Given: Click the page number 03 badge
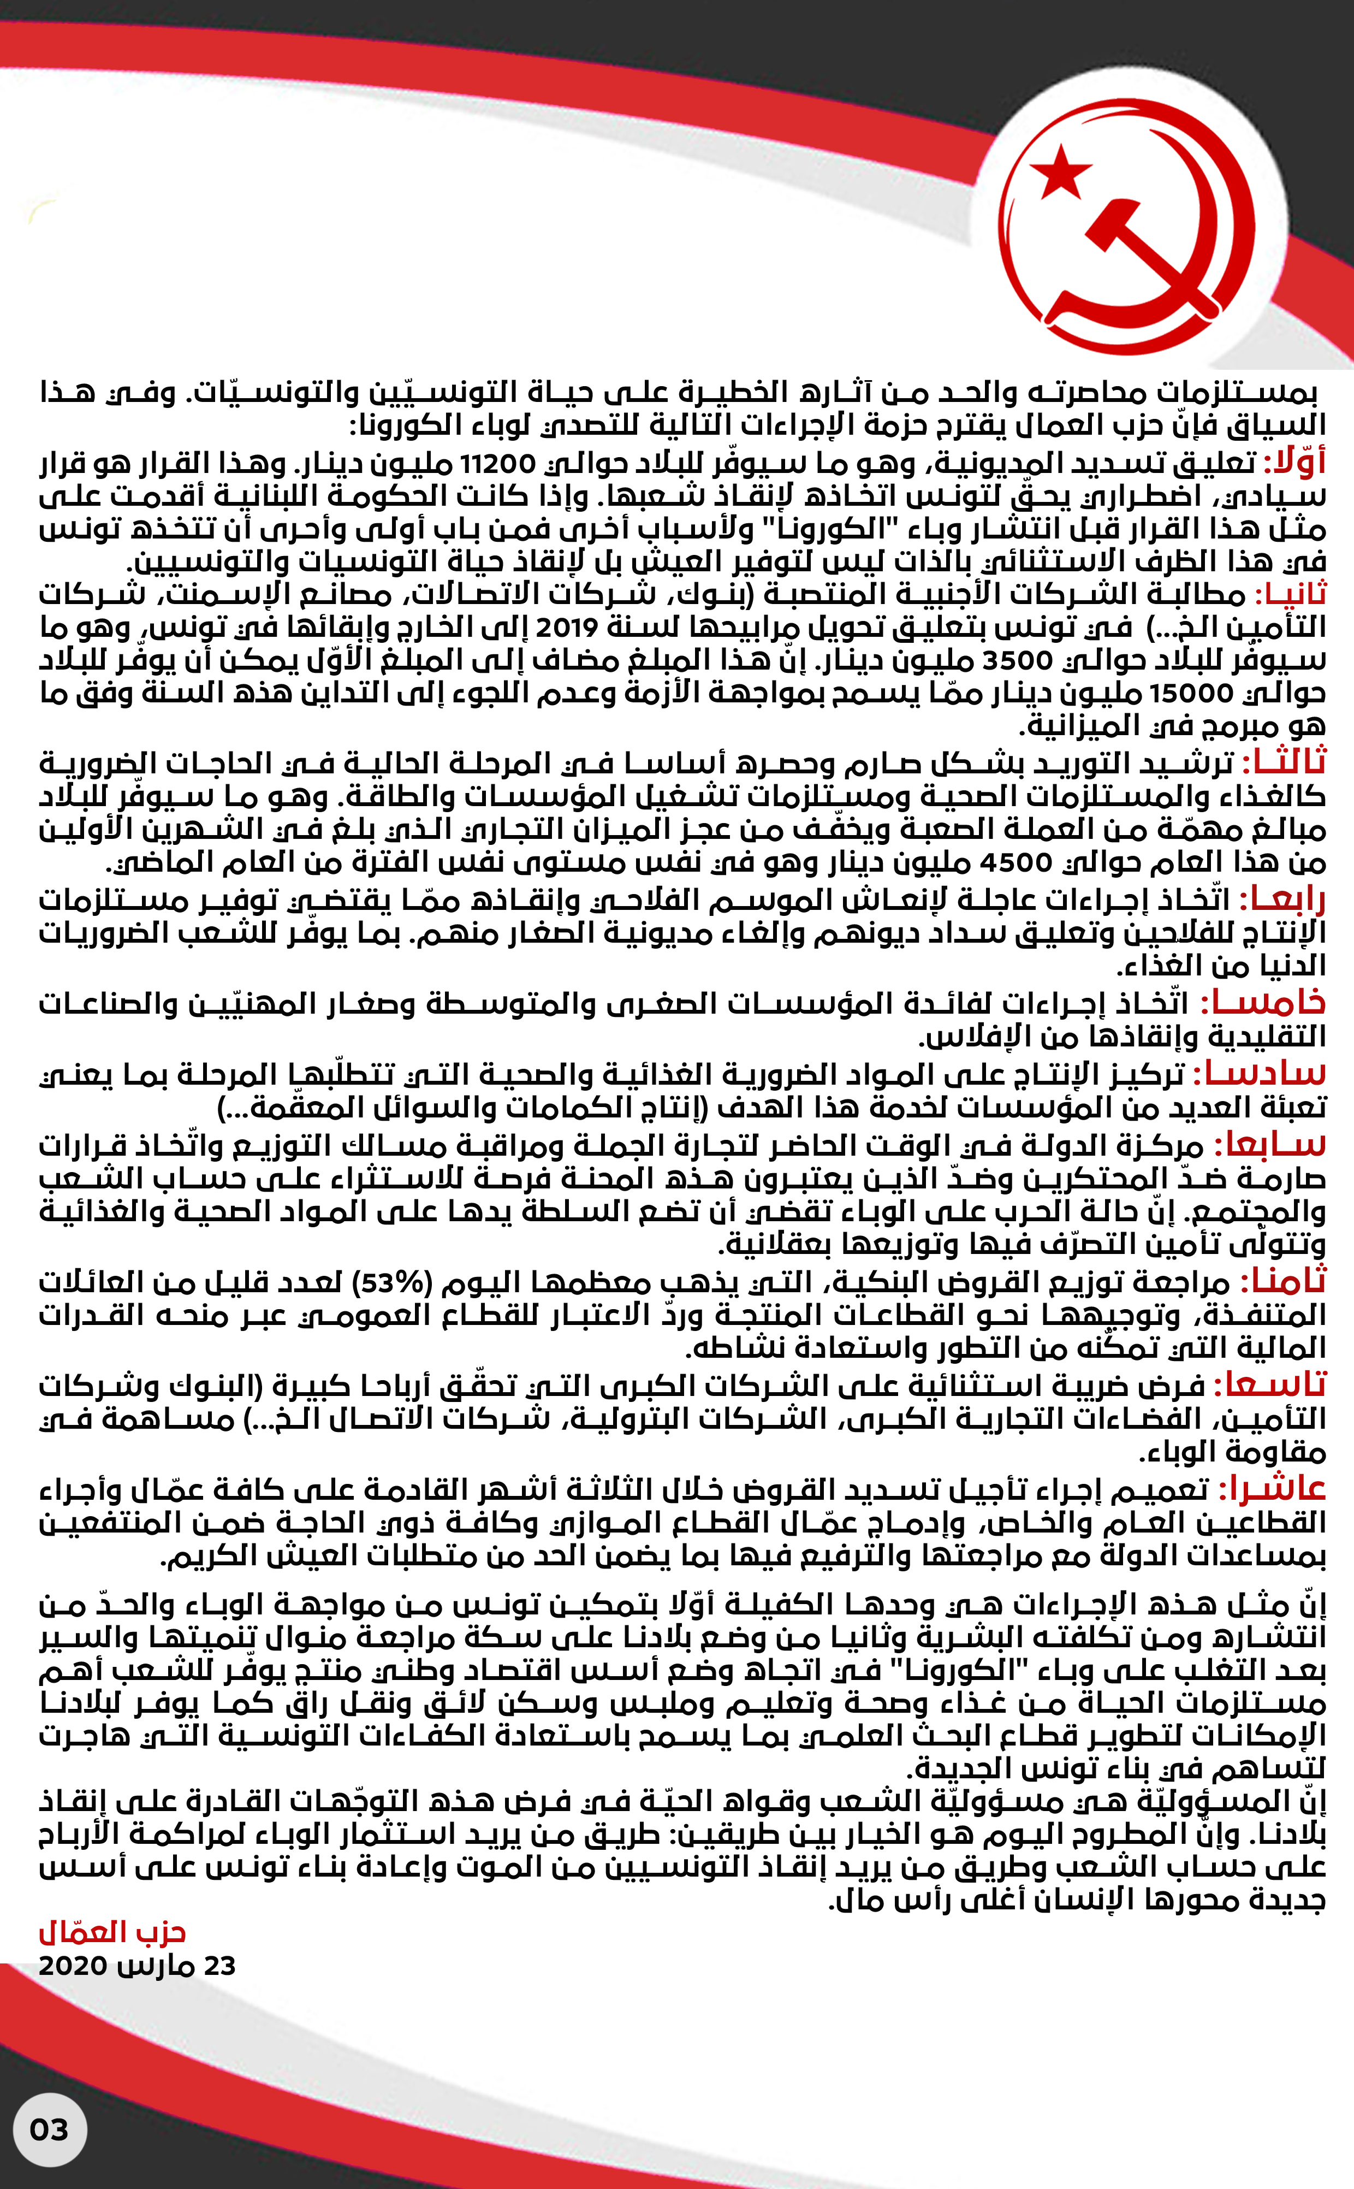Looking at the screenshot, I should click(x=49, y=2129).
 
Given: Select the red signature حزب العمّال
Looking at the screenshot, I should click(x=112, y=1932).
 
